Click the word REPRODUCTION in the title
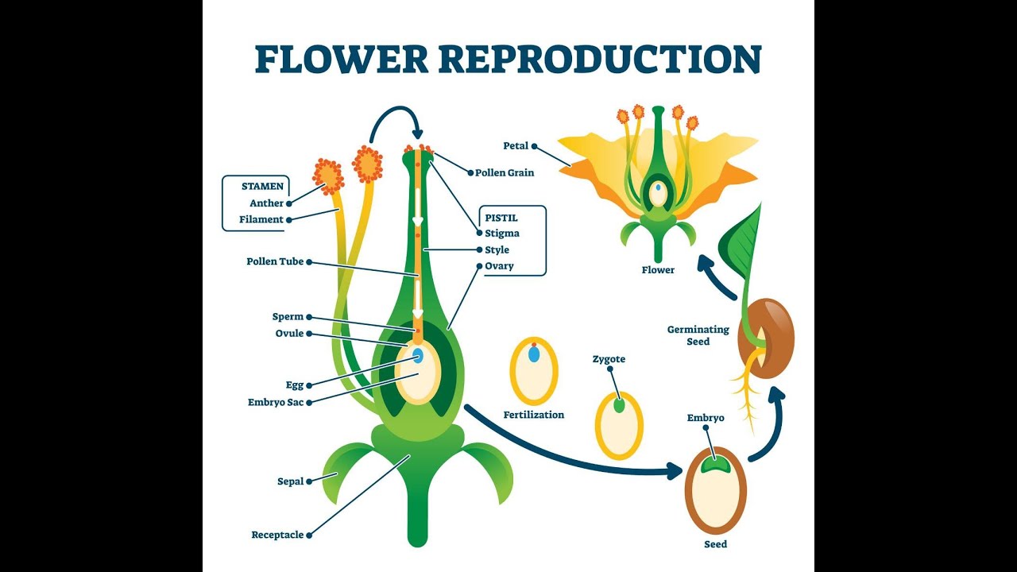click(600, 60)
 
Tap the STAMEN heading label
click(262, 187)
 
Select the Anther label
click(266, 203)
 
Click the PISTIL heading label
click(501, 218)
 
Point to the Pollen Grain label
click(505, 172)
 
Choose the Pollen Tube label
click(275, 261)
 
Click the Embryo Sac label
click(276, 402)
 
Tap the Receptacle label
click(277, 535)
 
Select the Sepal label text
click(290, 481)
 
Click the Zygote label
click(609, 359)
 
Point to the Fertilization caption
click(534, 415)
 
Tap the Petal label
click(516, 146)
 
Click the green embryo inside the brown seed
click(715, 466)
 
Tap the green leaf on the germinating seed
click(741, 242)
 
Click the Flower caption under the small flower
click(658, 270)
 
